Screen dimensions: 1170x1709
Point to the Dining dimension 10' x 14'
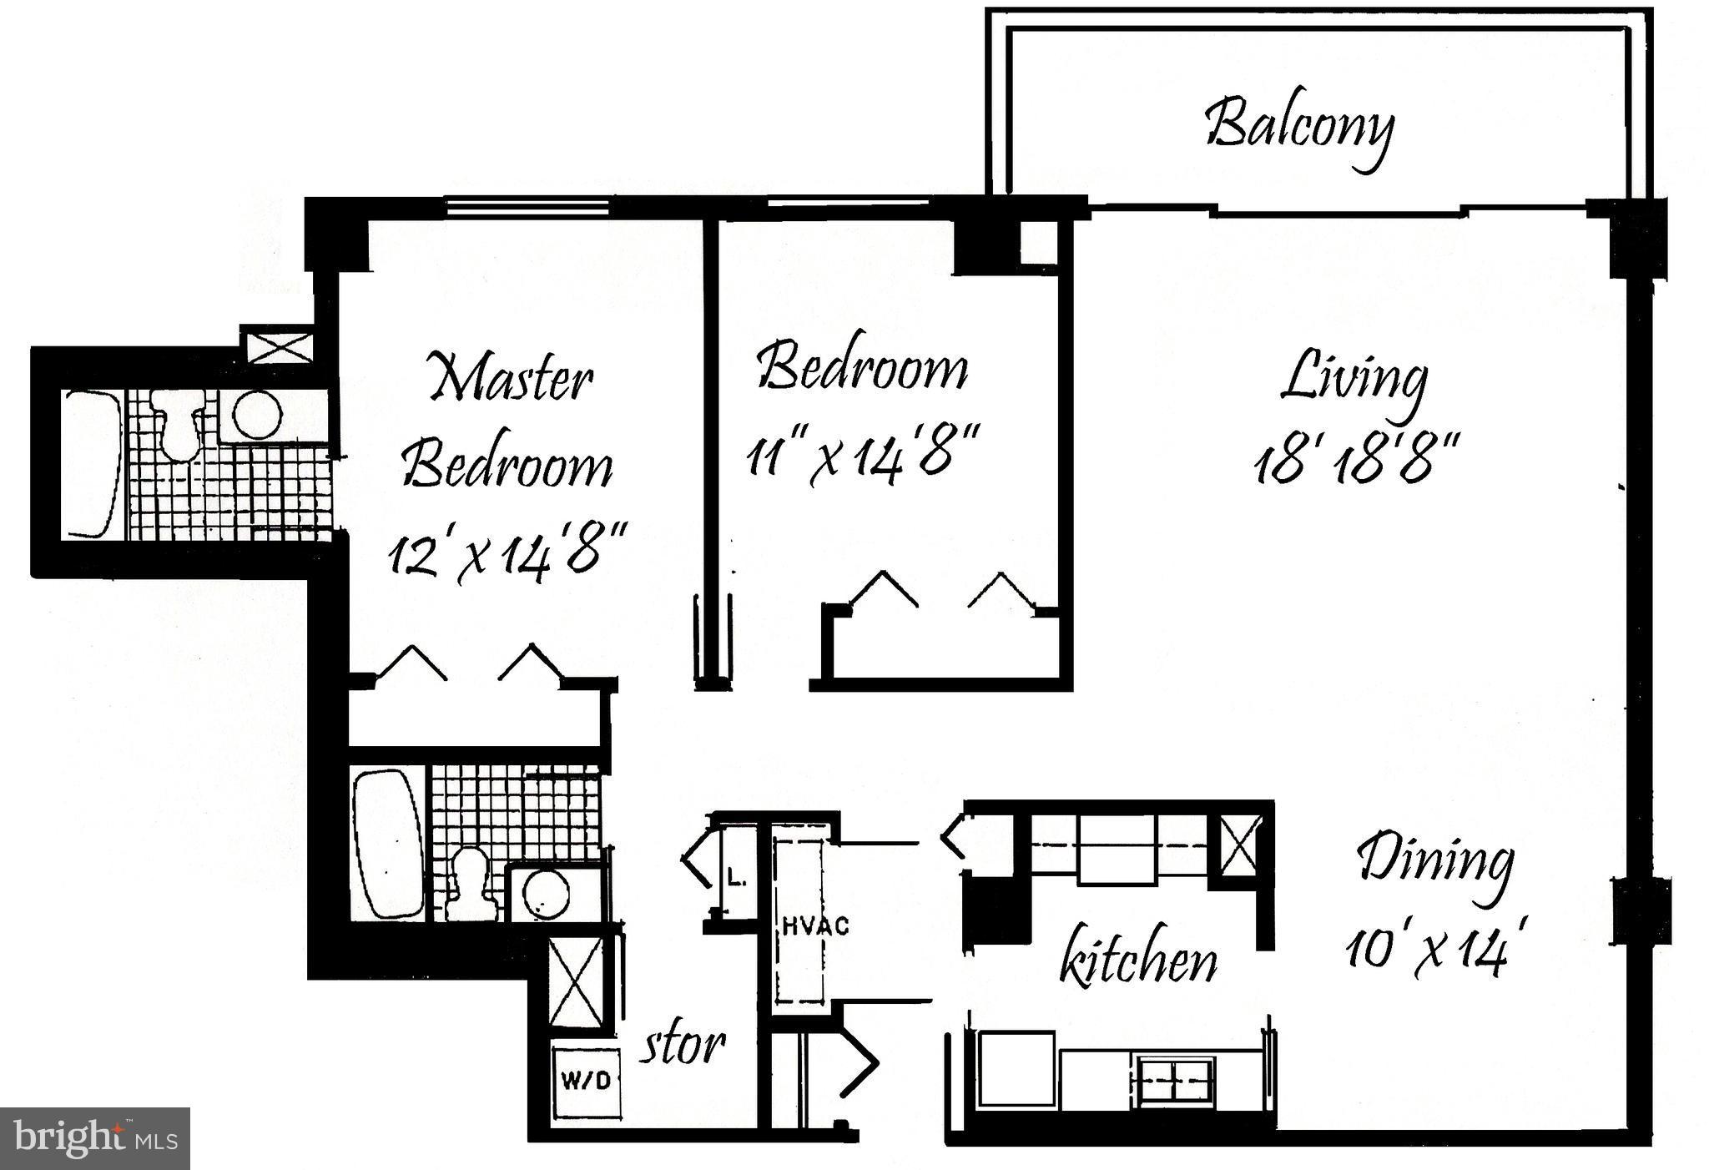(x=1429, y=952)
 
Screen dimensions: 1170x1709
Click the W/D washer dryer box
(x=586, y=1082)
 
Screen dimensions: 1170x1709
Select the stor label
(x=682, y=1044)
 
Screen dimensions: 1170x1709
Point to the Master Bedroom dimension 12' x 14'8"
(x=506, y=553)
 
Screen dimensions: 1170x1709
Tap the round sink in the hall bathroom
(x=547, y=895)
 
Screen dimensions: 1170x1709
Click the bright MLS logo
(x=94, y=1138)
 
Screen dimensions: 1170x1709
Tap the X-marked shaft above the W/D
(x=575, y=984)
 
